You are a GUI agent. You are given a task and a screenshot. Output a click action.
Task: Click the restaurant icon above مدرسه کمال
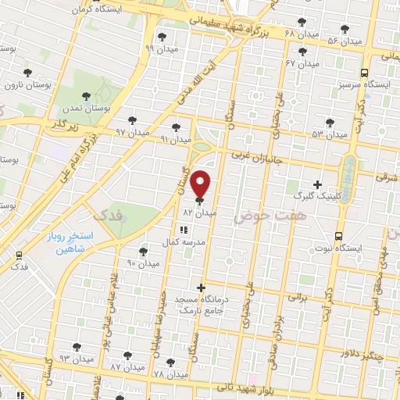tap(184, 230)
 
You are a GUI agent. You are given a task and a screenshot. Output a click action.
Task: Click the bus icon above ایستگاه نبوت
tap(338, 235)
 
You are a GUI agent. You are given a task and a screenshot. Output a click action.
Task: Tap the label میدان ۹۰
tap(142, 264)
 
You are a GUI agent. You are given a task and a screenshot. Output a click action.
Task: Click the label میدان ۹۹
tap(161, 48)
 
